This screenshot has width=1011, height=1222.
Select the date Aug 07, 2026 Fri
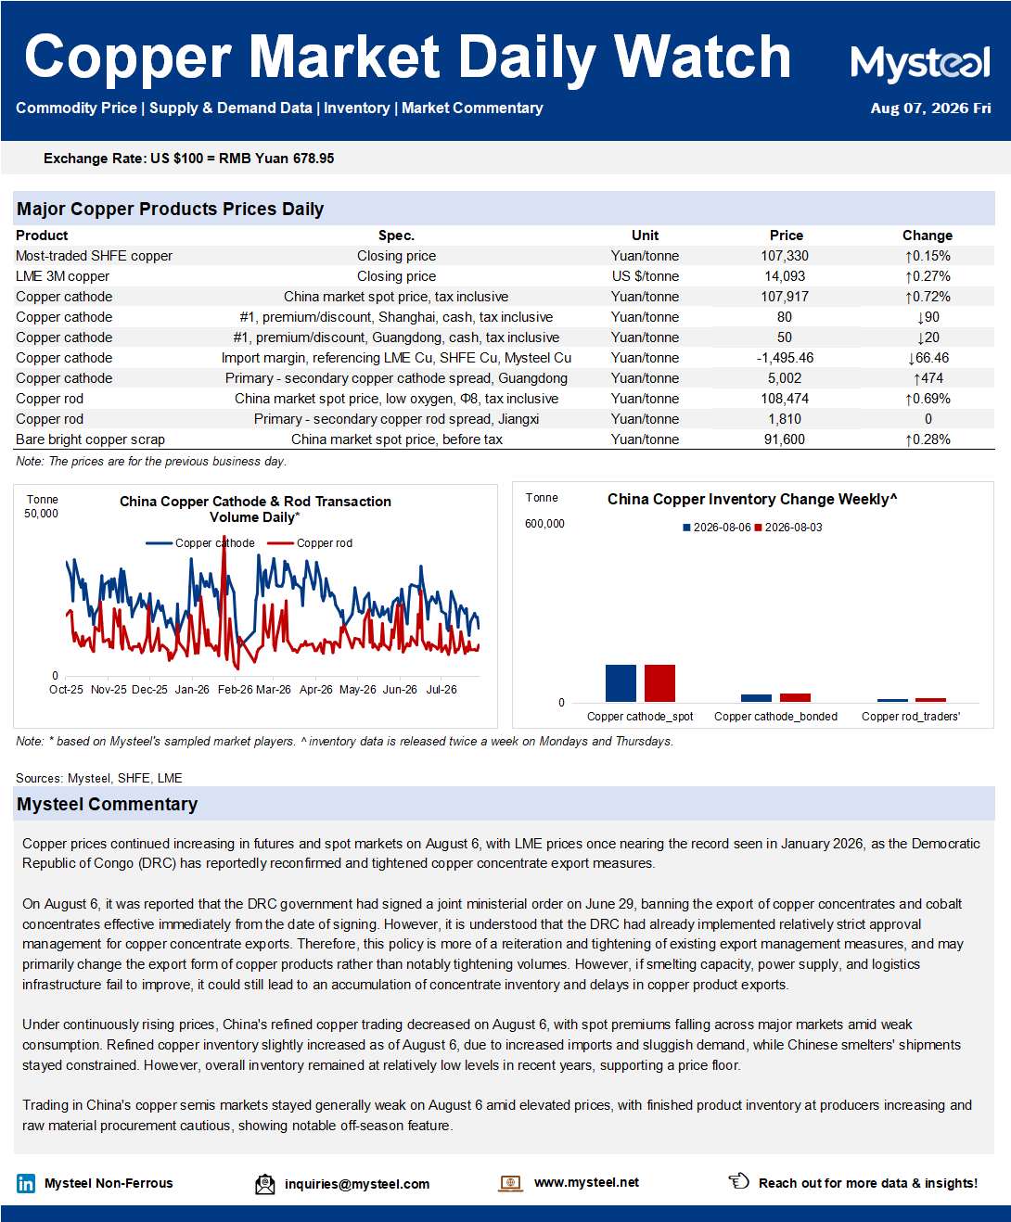click(930, 108)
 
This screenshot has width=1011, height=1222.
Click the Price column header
click(787, 235)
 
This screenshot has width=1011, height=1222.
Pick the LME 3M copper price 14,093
click(785, 276)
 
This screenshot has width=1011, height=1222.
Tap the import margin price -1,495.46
click(785, 358)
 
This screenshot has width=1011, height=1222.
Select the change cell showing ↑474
click(928, 378)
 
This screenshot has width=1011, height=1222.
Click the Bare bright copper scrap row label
click(90, 439)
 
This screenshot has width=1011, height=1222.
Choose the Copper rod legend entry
click(310, 543)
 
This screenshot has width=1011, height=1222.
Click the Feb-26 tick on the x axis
click(235, 690)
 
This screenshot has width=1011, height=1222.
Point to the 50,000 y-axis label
click(41, 514)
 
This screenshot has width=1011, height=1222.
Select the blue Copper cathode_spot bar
click(621, 683)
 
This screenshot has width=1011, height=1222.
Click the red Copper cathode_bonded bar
click(795, 697)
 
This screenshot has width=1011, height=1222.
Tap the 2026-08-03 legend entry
click(788, 528)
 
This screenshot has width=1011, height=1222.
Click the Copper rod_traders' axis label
click(910, 717)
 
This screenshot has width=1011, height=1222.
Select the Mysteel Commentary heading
click(108, 804)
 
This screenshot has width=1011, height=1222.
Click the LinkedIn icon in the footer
click(26, 1183)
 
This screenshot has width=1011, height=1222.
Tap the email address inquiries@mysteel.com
click(357, 1184)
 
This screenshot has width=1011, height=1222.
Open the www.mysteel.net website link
click(586, 1182)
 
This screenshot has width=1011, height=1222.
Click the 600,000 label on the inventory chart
click(544, 524)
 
